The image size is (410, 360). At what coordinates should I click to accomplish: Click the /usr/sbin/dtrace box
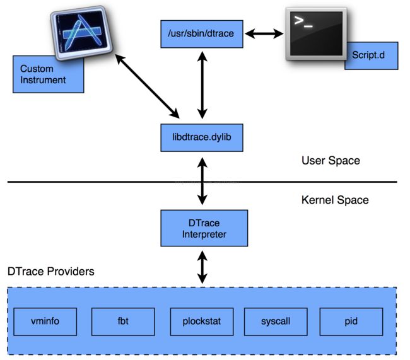click(x=202, y=34)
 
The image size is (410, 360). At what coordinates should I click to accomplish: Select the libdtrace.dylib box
click(x=202, y=137)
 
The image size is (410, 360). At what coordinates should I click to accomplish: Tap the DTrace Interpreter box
click(x=204, y=228)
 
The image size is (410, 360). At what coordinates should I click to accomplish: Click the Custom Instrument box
click(x=48, y=74)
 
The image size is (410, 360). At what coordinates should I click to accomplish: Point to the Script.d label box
click(x=372, y=55)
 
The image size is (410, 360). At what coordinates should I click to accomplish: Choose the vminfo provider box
click(x=45, y=322)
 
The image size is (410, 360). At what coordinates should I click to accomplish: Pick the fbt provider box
click(x=123, y=322)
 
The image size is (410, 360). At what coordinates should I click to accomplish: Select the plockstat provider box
click(x=202, y=322)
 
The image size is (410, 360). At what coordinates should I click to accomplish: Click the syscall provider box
click(x=276, y=322)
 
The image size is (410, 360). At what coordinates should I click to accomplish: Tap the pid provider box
click(x=351, y=322)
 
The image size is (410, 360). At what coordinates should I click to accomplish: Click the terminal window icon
click(x=316, y=33)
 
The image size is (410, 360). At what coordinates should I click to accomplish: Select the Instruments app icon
click(x=81, y=32)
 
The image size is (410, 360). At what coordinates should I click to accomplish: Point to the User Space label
click(x=331, y=161)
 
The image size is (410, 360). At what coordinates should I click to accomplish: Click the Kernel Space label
click(x=335, y=200)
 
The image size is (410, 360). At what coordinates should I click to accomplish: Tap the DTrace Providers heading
click(x=50, y=271)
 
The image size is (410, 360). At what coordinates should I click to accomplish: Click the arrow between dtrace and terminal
click(x=264, y=33)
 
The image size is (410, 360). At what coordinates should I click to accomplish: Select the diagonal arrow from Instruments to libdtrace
click(x=147, y=86)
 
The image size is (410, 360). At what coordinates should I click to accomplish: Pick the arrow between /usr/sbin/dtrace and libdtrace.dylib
click(x=202, y=85)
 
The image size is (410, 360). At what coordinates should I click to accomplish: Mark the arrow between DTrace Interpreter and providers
click(x=202, y=267)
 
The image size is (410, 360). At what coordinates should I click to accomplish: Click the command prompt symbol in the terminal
click(x=303, y=21)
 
